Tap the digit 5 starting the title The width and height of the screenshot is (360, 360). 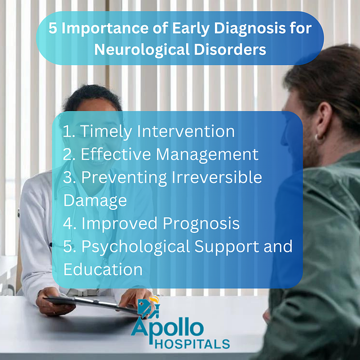52,29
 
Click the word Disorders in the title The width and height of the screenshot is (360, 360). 230,49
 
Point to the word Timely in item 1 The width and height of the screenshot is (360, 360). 106,132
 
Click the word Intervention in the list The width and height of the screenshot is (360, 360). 186,131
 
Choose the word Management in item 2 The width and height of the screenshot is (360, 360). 208,155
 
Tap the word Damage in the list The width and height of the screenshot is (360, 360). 95,201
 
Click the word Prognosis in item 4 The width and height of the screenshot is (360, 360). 201,224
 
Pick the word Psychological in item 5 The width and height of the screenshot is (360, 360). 136,247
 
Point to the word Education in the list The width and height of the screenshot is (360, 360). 103,269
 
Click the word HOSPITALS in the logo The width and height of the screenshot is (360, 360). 192,344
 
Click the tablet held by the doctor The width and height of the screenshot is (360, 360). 92,303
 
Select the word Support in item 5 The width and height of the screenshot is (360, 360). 227,247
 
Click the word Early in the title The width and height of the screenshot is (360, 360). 191,29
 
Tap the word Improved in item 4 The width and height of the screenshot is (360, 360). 119,224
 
